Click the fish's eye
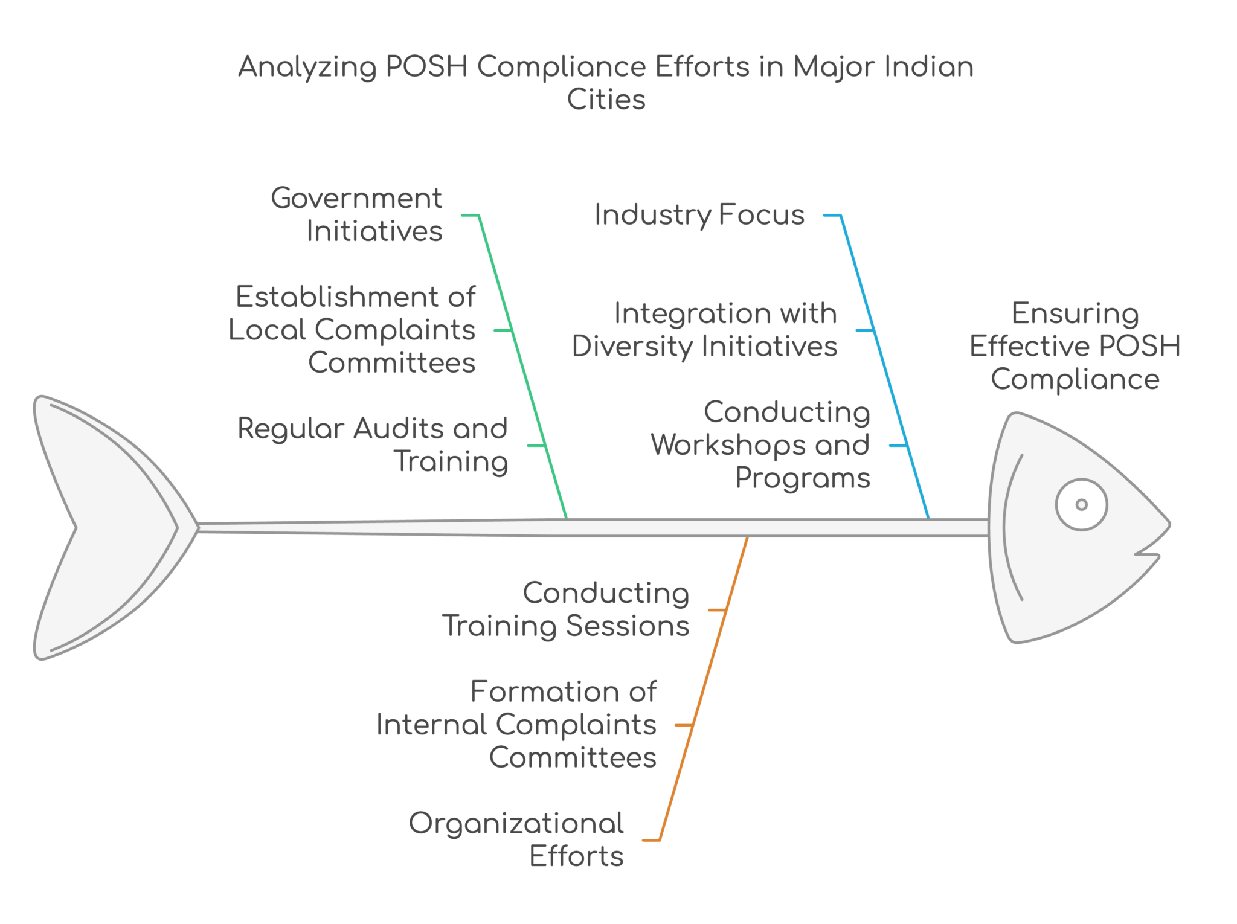[x=1081, y=504]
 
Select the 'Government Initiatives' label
[x=356, y=214]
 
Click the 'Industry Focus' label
[x=699, y=215]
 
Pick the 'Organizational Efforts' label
[x=516, y=839]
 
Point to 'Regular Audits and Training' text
[x=373, y=445]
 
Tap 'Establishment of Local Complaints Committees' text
[x=352, y=330]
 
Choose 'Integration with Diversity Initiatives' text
[x=705, y=330]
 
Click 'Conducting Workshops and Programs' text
[x=761, y=445]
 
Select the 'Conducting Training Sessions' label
[x=566, y=609]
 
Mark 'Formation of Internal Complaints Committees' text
[x=516, y=724]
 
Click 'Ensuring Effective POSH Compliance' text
[x=1075, y=346]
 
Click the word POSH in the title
[x=426, y=66]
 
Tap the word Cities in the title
[x=606, y=100]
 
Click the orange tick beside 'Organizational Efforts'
[x=651, y=840]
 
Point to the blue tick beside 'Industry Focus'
[x=832, y=214]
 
